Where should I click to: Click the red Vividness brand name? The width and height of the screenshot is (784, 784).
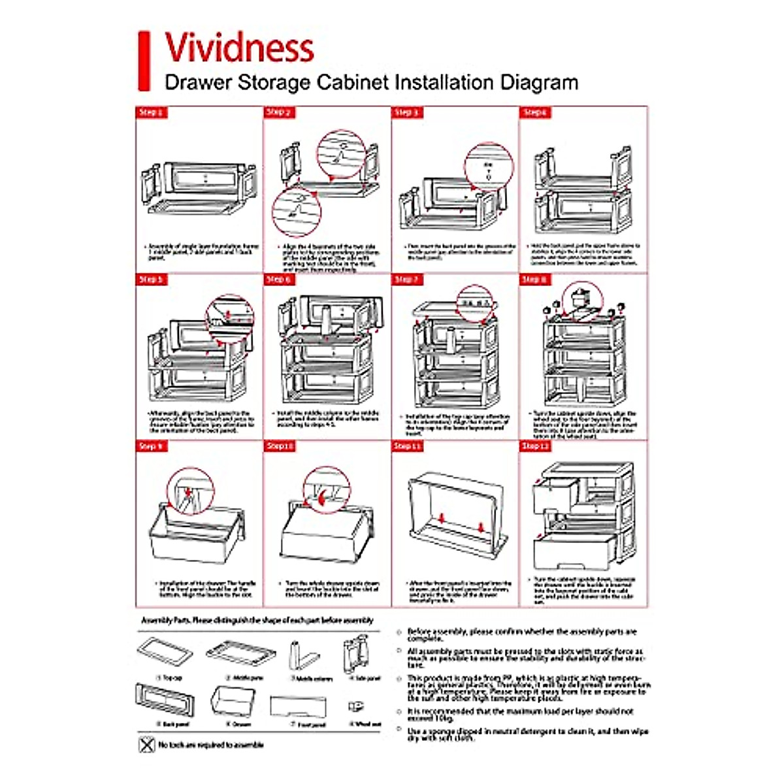[239, 47]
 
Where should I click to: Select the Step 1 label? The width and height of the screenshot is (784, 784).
[150, 112]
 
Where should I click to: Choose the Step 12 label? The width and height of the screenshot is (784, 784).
[535, 446]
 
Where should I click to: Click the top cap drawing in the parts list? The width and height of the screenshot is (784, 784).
[166, 653]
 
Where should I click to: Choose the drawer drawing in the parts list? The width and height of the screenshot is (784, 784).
[233, 700]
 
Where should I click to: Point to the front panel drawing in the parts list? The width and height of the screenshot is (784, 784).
[298, 706]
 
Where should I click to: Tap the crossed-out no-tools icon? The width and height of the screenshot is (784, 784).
[147, 744]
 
